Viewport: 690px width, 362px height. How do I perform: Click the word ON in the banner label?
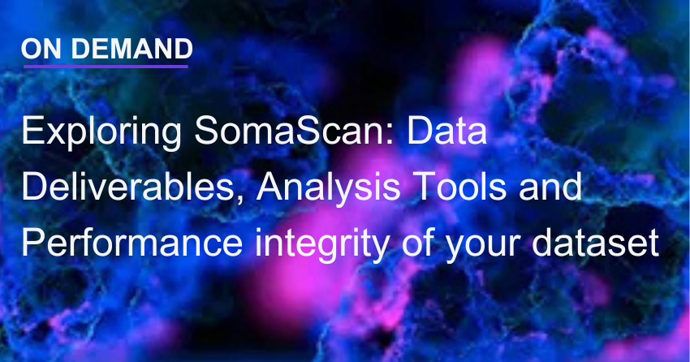[38, 50]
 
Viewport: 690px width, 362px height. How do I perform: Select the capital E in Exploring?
[31, 132]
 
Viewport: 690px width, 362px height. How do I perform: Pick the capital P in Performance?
[32, 241]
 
